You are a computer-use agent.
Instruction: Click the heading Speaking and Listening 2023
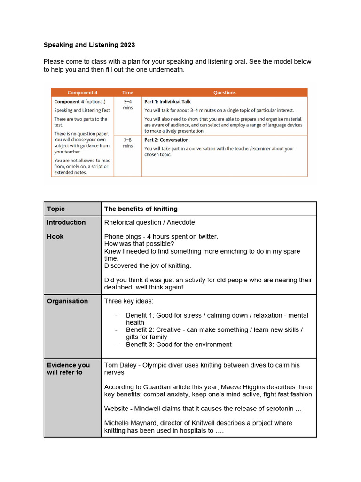click(x=89, y=45)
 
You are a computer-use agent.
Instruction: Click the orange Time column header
click(x=127, y=93)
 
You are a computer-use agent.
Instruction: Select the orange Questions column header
click(x=224, y=93)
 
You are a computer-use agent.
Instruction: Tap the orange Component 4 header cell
click(x=82, y=93)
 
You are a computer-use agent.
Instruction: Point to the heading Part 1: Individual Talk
click(x=167, y=101)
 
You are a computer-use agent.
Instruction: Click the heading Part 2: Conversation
click(x=166, y=140)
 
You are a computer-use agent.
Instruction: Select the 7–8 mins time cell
click(x=127, y=143)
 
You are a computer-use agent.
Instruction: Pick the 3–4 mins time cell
click(x=127, y=104)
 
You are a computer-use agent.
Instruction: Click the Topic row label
click(x=56, y=209)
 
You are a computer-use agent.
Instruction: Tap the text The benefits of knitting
click(x=141, y=209)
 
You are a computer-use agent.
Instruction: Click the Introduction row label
click(x=66, y=222)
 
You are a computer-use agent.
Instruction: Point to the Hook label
click(x=55, y=237)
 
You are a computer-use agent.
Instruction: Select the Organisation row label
click(x=67, y=301)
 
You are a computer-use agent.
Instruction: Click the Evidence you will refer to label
click(x=68, y=369)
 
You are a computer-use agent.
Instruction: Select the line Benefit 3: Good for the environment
click(x=179, y=345)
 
